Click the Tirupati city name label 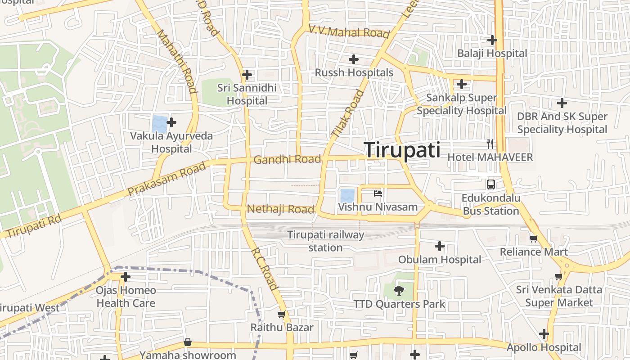tap(402, 150)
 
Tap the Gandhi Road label tap(287, 159)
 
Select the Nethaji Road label tap(280, 209)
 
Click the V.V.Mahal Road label tap(349, 32)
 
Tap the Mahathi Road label tap(177, 61)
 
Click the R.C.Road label tap(265, 268)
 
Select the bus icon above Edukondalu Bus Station tap(490, 184)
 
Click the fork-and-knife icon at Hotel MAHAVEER tap(490, 144)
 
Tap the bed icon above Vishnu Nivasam tap(378, 193)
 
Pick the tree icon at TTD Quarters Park tap(399, 291)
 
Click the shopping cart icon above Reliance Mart tap(533, 238)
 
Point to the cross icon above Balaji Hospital tap(492, 40)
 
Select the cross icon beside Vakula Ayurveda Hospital tap(171, 122)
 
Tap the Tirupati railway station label tap(325, 241)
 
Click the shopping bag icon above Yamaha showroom tap(188, 342)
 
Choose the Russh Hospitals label tap(354, 72)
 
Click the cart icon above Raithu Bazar tap(282, 315)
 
